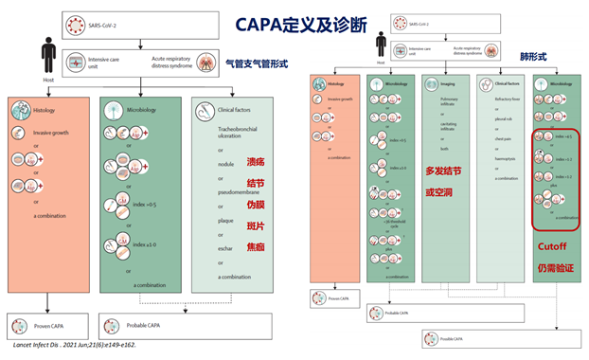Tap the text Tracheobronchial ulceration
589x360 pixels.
pyautogui.click(x=229, y=136)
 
